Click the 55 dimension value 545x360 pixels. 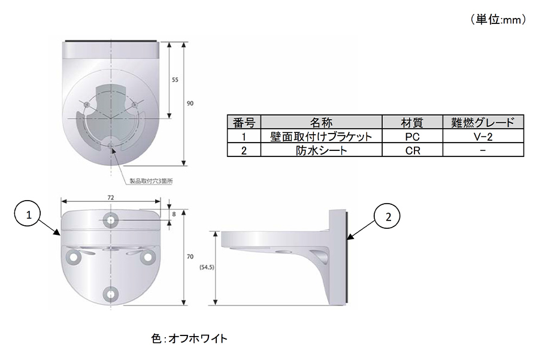coord(175,79)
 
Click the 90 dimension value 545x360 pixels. coord(190,103)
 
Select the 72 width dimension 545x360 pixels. coord(111,197)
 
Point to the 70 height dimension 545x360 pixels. coord(190,256)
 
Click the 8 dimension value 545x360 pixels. coord(174,213)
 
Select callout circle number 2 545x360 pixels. coord(387,218)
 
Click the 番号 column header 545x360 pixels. coord(244,122)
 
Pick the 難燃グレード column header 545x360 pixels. coord(483,122)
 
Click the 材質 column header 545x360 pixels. coord(412,122)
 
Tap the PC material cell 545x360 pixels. coord(412,137)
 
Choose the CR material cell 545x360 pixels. coord(412,150)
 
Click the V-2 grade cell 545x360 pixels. coord(483,137)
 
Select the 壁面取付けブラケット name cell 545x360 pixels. coord(322,137)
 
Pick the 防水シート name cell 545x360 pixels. coord(322,150)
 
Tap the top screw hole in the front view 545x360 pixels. coord(111,220)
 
